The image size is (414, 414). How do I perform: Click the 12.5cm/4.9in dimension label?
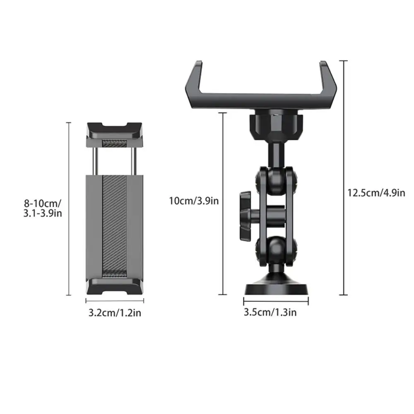[x=376, y=193]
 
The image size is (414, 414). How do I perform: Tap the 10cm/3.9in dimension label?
[x=194, y=201]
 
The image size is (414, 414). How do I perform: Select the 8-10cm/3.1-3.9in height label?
[x=43, y=209]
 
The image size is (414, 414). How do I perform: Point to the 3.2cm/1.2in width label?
[x=115, y=313]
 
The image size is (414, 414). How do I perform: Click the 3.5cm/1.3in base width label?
[x=270, y=312]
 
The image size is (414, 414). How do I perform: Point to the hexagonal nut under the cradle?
[x=276, y=123]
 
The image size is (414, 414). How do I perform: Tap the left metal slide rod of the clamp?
[x=95, y=161]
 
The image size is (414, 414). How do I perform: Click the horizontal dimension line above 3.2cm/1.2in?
[x=115, y=301]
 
